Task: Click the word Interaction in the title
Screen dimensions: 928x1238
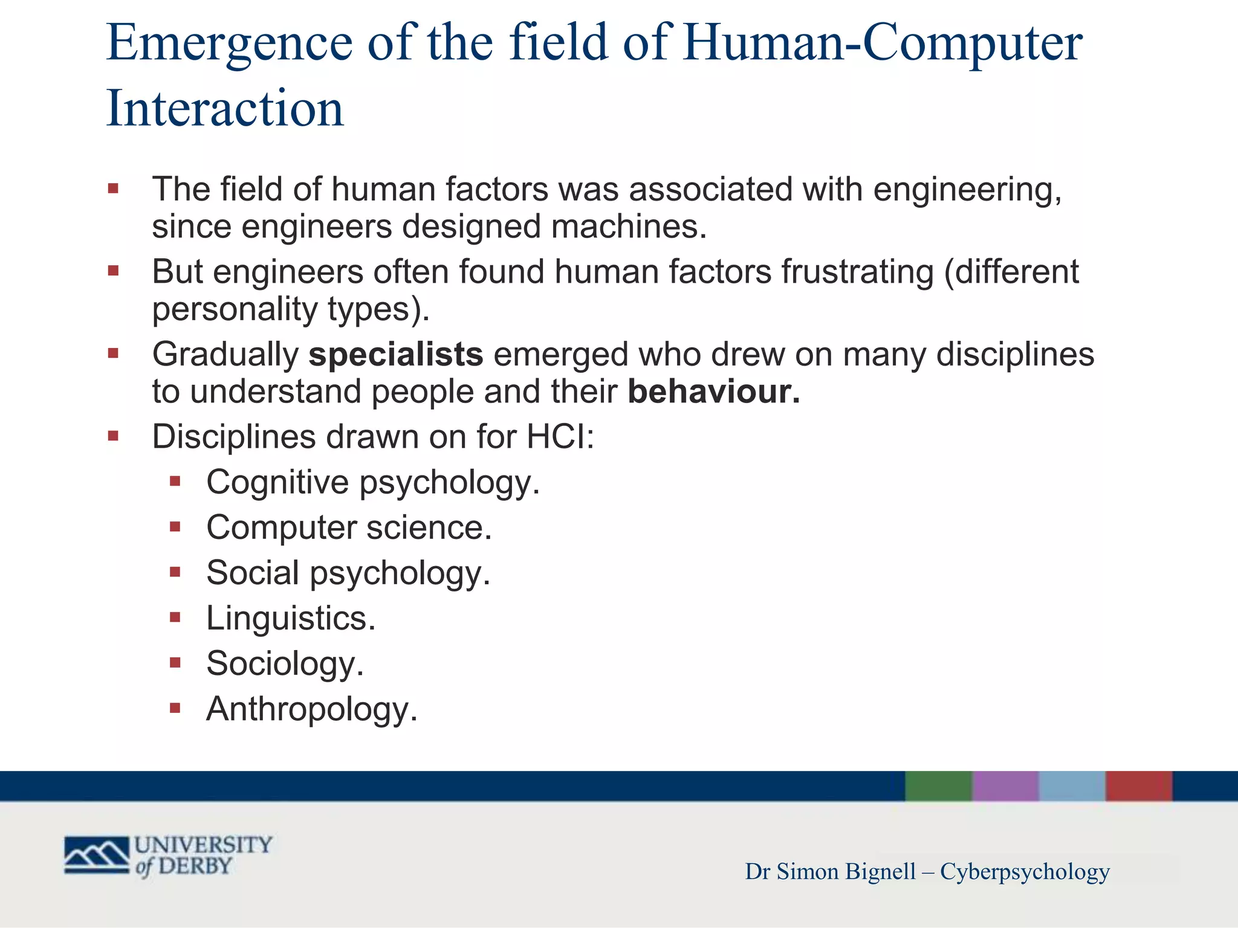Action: (x=225, y=109)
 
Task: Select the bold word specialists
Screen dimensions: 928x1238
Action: (x=396, y=355)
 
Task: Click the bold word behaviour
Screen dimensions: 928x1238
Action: (x=713, y=392)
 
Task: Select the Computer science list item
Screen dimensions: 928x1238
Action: (x=349, y=528)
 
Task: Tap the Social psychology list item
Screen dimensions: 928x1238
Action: (x=348, y=573)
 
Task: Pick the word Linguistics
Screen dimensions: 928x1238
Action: (x=290, y=619)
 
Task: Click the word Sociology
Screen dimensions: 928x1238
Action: (x=285, y=664)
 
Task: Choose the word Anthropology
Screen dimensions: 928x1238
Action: (x=311, y=709)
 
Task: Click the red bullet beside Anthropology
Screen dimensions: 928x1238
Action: (x=175, y=708)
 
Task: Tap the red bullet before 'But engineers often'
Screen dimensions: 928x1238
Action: (x=113, y=271)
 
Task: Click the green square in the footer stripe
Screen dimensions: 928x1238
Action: (x=938, y=786)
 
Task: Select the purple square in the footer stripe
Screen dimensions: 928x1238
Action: (x=1005, y=786)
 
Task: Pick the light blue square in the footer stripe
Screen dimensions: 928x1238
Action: (x=1072, y=786)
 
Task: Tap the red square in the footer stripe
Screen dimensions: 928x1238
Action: (x=1139, y=786)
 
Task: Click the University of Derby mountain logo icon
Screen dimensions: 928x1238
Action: (x=97, y=855)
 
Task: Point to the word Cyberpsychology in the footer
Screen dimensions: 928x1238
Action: (x=1025, y=872)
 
